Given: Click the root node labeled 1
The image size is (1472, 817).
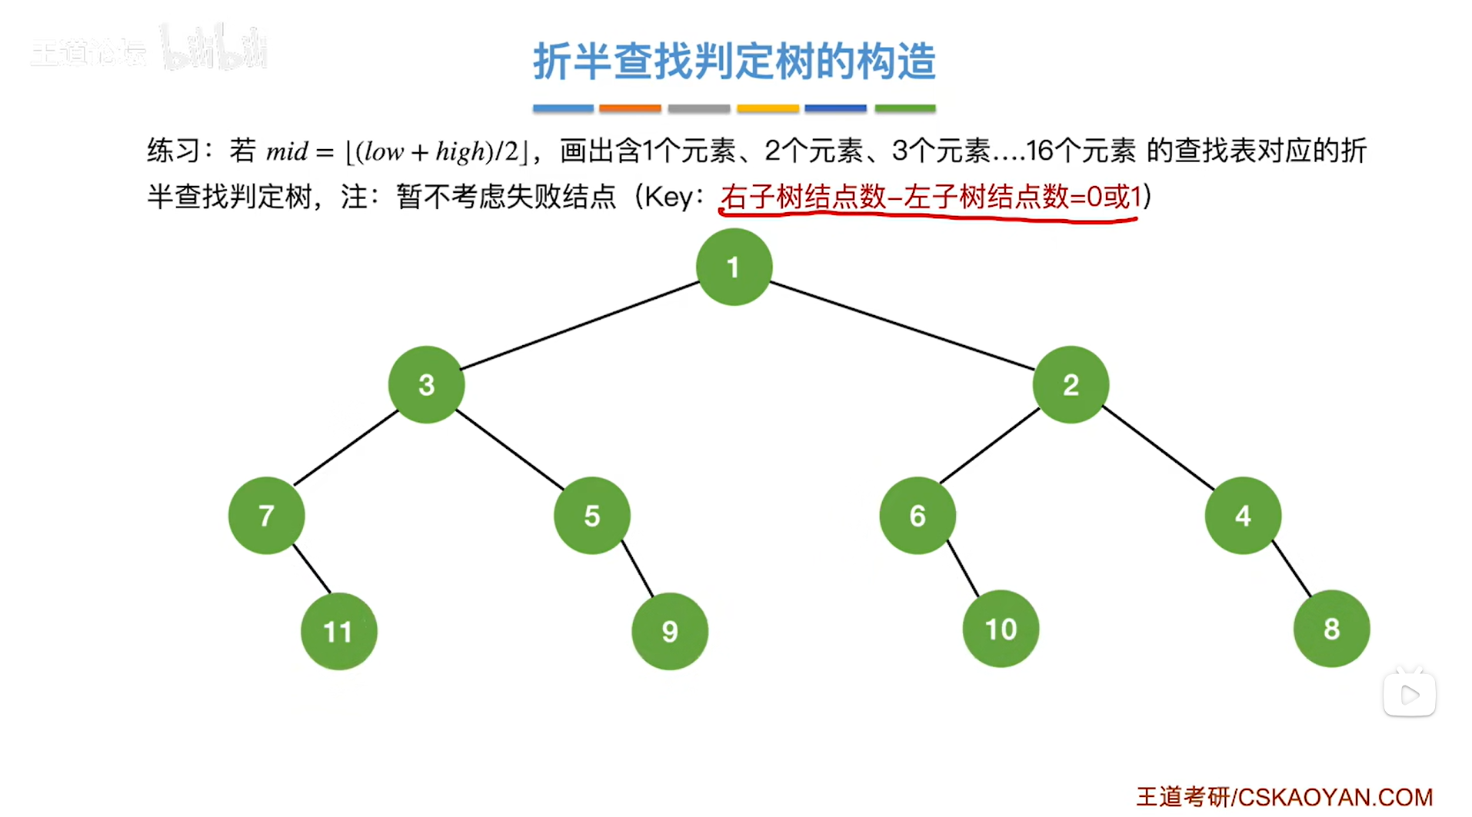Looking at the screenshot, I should pos(734,267).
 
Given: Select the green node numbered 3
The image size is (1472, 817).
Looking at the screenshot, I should pos(426,384).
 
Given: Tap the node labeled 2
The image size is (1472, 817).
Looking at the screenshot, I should pos(1071,384).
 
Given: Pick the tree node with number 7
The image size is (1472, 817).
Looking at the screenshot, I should pos(266,515).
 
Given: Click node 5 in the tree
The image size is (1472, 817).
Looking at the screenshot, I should pos(591,515).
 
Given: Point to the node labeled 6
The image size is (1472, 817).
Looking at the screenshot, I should pos(918,515).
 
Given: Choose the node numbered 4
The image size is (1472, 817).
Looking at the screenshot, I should pos(1243,515).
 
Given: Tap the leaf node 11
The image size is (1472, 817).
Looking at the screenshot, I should pos(338,631).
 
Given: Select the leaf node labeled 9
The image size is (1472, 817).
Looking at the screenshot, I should pos(670,631).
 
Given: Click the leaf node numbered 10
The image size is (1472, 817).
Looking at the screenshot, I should pos(1001,629).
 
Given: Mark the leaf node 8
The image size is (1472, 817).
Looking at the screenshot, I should pos(1331,629).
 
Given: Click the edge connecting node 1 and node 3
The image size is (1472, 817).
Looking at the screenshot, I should pos(580,325).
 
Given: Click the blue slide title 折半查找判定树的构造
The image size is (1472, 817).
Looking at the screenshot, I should pos(734,61).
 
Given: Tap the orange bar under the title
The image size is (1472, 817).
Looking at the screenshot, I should pos(630,108).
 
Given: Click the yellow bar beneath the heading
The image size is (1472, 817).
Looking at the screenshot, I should pos(768,108).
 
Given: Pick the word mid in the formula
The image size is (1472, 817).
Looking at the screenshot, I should pos(287,151).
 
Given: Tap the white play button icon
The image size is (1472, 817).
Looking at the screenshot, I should pos(1409,695).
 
